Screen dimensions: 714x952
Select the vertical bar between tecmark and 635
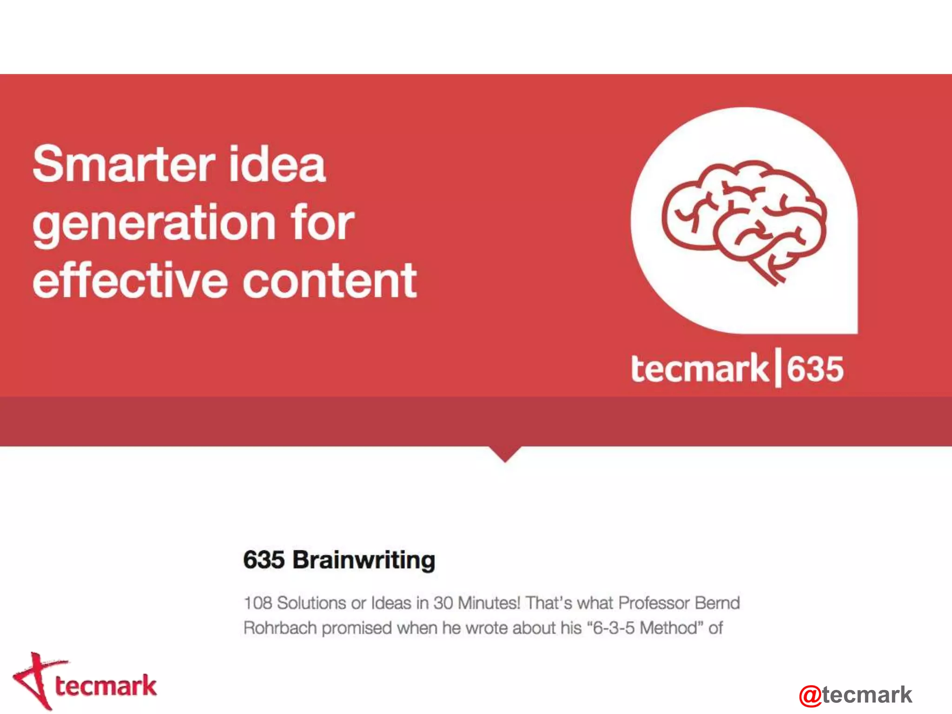coord(778,370)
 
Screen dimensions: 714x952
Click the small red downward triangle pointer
coord(505,453)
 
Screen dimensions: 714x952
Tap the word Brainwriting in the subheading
coord(364,560)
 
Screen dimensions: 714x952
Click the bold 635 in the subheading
coord(264,560)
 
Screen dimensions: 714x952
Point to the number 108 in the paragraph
coord(258,603)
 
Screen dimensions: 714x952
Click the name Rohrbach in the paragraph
coord(280,628)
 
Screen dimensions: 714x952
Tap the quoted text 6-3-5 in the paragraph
coord(614,628)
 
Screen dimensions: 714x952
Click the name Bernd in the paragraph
coord(717,603)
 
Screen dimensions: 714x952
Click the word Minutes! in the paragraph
coord(489,603)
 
